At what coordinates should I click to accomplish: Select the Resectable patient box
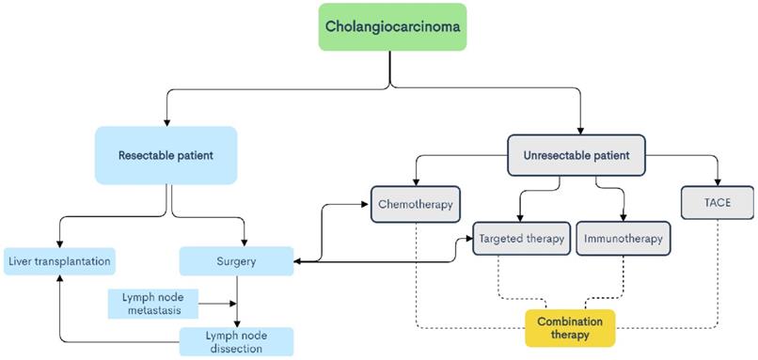[166, 154]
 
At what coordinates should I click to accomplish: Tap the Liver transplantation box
[59, 261]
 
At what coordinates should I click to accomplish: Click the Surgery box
[236, 261]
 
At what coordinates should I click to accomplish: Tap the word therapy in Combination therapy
[570, 336]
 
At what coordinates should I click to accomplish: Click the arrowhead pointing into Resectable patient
[166, 122]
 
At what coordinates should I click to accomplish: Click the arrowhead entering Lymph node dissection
[236, 322]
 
